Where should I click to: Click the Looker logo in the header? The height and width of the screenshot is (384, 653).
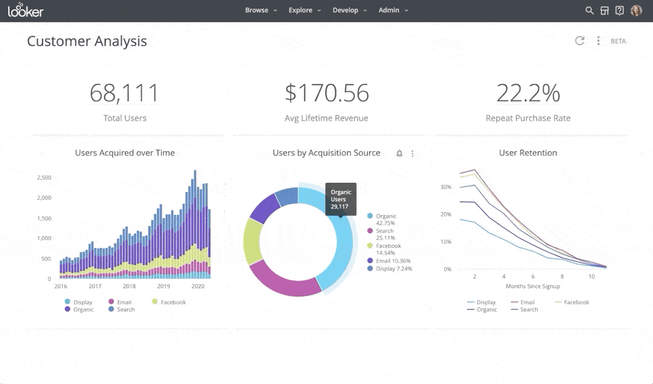[25, 10]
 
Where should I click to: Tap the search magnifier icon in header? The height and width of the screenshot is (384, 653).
[589, 10]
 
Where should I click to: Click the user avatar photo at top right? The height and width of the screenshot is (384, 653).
[636, 10]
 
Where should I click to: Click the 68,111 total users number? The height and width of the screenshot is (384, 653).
[125, 93]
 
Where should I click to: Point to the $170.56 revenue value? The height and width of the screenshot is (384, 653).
[326, 93]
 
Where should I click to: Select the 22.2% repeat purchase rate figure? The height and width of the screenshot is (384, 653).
[528, 93]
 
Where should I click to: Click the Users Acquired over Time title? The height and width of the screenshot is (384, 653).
[125, 153]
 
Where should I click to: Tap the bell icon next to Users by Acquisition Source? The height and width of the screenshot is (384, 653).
[399, 153]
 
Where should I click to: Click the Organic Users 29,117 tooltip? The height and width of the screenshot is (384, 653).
[341, 199]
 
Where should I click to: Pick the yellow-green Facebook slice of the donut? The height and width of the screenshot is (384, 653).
[252, 241]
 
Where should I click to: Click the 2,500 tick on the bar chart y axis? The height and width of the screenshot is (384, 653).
[44, 178]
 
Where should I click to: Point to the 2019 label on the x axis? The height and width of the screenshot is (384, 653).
[163, 286]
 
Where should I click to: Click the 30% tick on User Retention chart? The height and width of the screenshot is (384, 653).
[446, 187]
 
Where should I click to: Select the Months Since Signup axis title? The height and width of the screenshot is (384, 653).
[532, 286]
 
